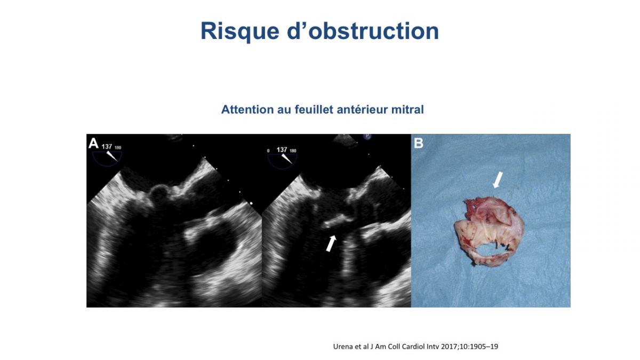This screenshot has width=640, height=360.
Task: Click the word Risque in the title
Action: point(240,31)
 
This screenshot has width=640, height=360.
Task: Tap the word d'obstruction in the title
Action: point(363,30)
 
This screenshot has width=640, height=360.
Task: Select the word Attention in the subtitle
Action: point(247,109)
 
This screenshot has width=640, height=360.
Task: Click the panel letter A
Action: point(93,143)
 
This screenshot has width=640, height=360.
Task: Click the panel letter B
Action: point(419,143)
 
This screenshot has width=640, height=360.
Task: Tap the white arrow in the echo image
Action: point(331,243)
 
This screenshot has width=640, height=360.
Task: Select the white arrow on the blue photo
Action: point(498,180)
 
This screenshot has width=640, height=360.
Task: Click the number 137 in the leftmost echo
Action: point(107,147)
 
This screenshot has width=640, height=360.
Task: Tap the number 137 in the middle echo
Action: point(282,150)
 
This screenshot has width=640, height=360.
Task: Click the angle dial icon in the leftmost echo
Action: point(107,158)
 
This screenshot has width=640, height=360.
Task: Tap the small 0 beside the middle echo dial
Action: point(268,151)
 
